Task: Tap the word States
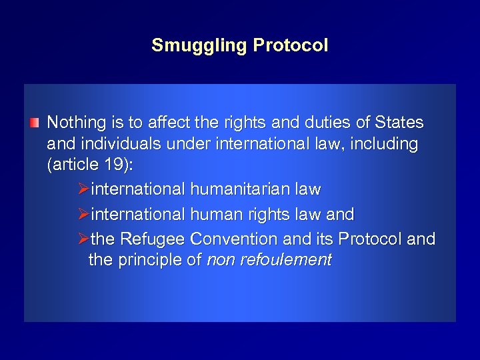pyautogui.click(x=399, y=123)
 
